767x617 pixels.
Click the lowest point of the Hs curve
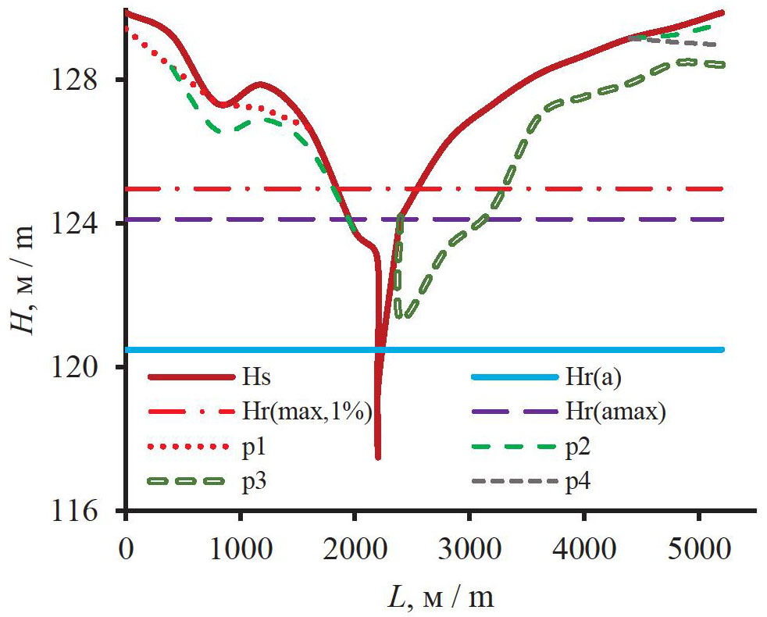point(378,457)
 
